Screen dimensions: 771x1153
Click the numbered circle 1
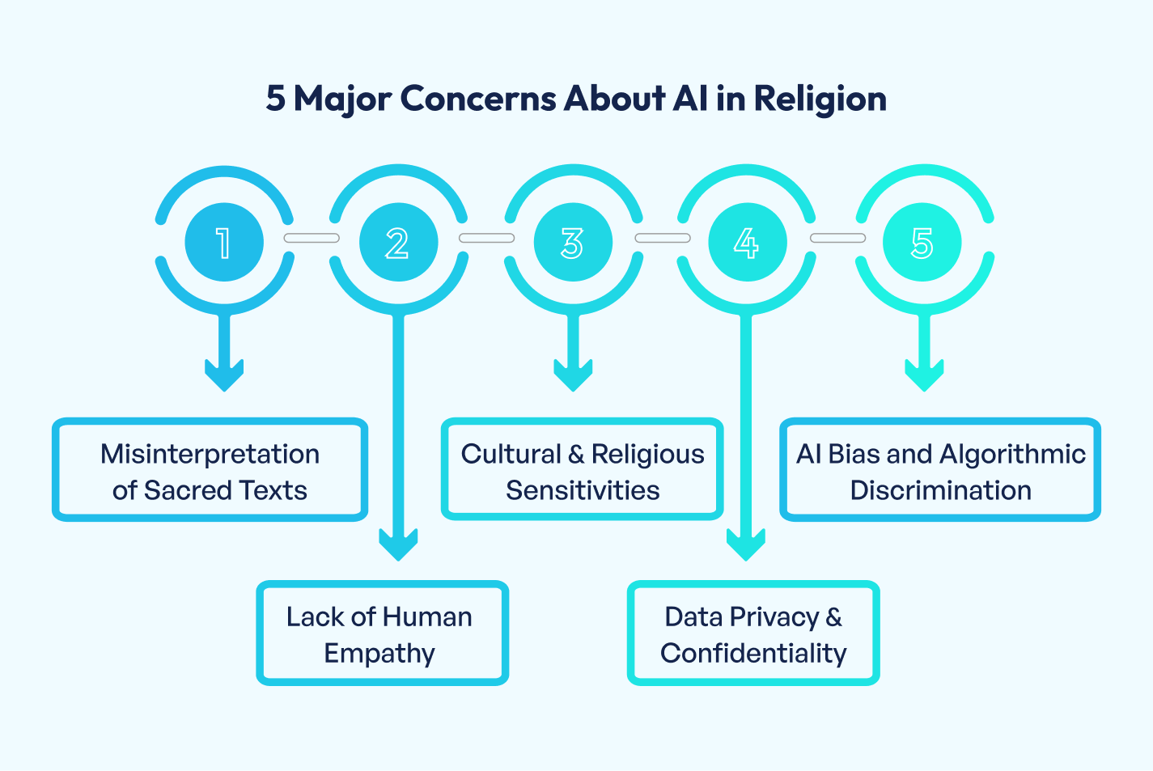(x=224, y=243)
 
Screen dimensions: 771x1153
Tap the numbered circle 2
(x=398, y=243)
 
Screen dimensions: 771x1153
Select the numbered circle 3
(x=573, y=243)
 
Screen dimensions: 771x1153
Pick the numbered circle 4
(x=747, y=243)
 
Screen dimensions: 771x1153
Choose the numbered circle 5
(x=922, y=243)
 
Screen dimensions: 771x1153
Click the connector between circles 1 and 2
(x=312, y=238)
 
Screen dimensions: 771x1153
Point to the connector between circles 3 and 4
(x=662, y=238)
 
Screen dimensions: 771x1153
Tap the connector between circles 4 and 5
(x=837, y=238)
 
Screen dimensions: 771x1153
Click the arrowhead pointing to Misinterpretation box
(x=224, y=375)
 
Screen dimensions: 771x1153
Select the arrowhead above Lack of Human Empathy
(x=398, y=544)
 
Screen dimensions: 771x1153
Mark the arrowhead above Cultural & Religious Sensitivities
(x=573, y=375)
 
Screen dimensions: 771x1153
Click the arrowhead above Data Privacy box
(x=746, y=544)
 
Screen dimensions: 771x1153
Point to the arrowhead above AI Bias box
(x=924, y=375)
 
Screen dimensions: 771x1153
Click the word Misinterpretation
(x=210, y=454)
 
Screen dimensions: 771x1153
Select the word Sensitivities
(x=583, y=490)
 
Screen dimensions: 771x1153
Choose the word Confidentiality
(x=753, y=653)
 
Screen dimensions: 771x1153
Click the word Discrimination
(x=940, y=490)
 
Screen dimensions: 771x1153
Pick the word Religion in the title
(x=820, y=100)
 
